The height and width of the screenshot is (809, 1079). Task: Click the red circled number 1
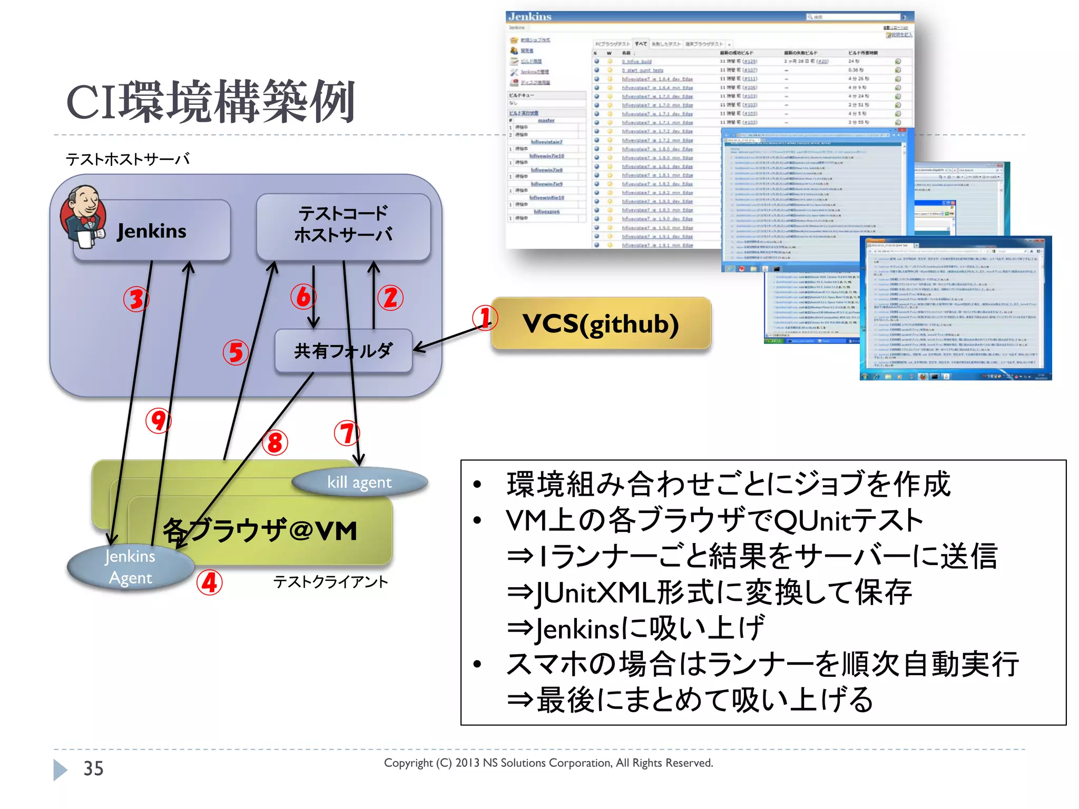[x=484, y=318]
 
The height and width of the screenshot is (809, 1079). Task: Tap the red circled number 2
[x=390, y=298]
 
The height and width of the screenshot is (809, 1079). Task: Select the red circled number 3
[x=136, y=299]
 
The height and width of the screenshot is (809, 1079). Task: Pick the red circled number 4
[x=209, y=583]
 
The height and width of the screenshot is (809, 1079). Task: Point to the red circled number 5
[x=236, y=352]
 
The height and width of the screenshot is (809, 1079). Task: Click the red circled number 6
[x=303, y=297]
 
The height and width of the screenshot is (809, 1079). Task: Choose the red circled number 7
[x=347, y=433]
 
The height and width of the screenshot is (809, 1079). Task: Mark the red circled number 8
[x=274, y=442]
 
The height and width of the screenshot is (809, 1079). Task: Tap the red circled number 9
[x=158, y=421]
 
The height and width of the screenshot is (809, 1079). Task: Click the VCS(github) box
[x=601, y=323]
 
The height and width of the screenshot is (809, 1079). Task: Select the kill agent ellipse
[x=359, y=482]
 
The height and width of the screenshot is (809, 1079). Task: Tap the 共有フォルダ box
[x=343, y=351]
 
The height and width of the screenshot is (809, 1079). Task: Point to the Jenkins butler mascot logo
[x=83, y=216]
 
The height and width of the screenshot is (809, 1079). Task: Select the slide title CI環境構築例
[x=210, y=102]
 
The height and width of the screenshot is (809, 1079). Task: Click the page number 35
[x=93, y=768]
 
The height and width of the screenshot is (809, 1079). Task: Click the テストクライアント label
[x=330, y=582]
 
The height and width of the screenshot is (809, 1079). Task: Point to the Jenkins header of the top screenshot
[x=529, y=17]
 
